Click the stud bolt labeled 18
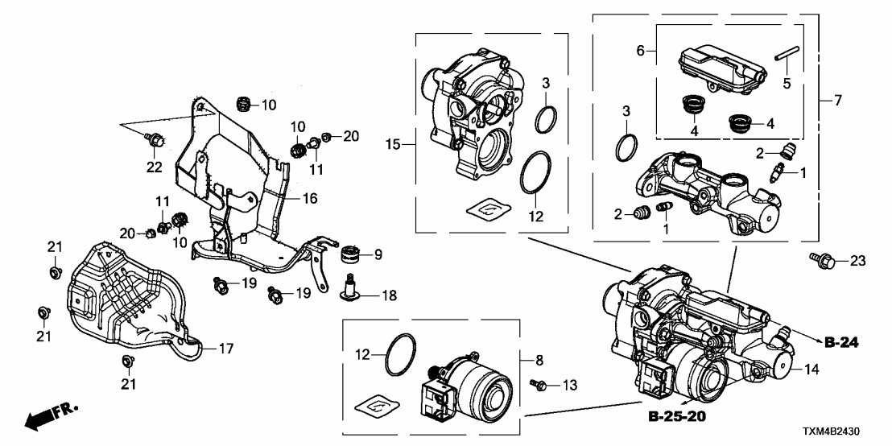(351, 291)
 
